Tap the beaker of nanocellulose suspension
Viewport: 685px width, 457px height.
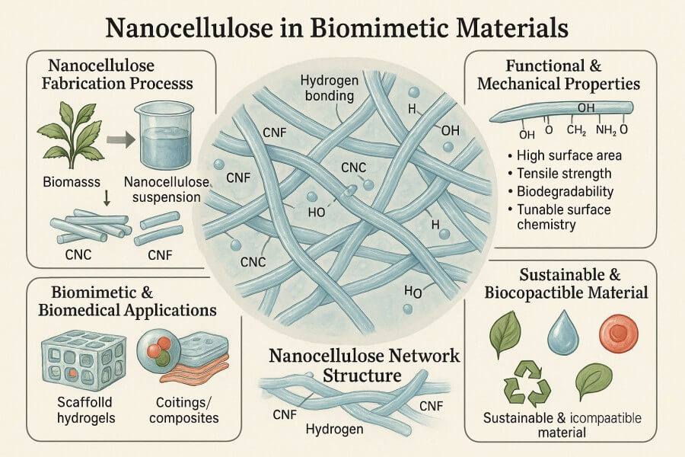161,138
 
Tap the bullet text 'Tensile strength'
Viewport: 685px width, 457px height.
564,173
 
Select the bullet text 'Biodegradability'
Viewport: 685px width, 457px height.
565,191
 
